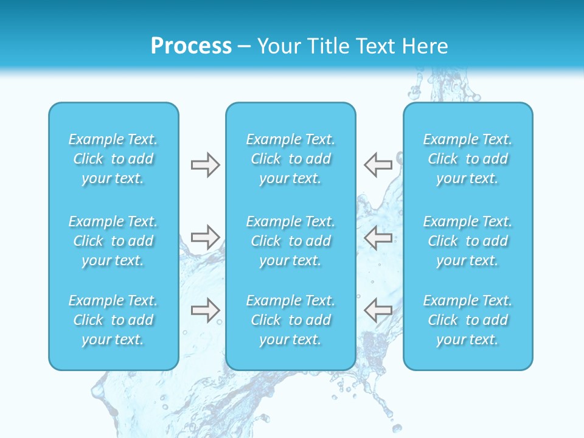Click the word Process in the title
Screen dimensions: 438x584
(x=191, y=46)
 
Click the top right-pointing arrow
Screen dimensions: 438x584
(x=205, y=165)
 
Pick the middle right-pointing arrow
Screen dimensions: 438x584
(x=205, y=237)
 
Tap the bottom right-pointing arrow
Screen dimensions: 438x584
(x=205, y=310)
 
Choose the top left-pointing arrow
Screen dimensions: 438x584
(x=378, y=165)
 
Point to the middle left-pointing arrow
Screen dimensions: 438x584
(x=378, y=237)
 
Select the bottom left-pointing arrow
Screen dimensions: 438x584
(x=378, y=310)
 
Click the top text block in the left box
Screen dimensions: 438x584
(x=113, y=159)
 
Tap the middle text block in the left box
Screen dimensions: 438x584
(x=113, y=241)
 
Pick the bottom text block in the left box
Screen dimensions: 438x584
(x=113, y=320)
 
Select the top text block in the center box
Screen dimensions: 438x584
(x=291, y=159)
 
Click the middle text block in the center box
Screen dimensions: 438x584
(x=291, y=241)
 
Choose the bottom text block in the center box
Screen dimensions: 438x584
(x=291, y=320)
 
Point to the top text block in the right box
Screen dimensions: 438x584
(x=468, y=159)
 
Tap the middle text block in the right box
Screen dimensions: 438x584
(x=468, y=241)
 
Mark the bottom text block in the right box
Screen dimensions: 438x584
(x=468, y=320)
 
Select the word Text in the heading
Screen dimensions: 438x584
(x=377, y=46)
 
